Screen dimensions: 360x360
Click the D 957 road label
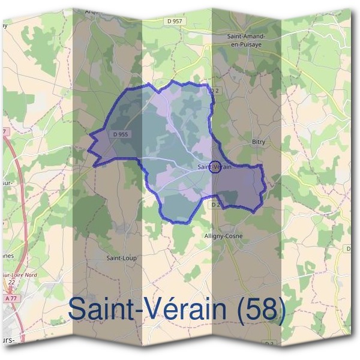[175, 21]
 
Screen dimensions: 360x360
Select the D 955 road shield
[122, 134]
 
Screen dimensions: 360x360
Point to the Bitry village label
[258, 142]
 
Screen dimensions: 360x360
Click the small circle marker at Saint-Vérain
[215, 167]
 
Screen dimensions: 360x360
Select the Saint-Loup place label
[122, 258]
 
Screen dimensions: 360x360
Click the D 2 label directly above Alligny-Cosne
[215, 205]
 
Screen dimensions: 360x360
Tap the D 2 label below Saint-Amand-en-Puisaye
[212, 91]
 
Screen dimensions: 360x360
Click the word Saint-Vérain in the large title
[153, 310]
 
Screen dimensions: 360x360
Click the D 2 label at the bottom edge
[269, 343]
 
